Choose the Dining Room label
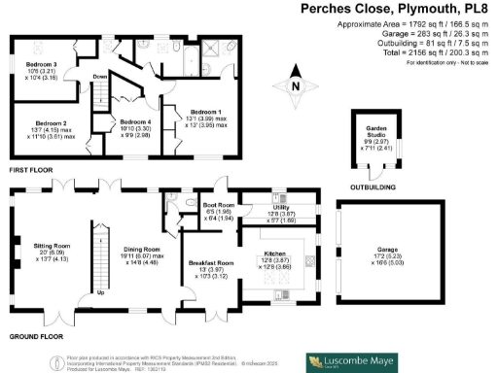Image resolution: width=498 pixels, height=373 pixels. click(142, 249)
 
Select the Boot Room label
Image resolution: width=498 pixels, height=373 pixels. click(219, 206)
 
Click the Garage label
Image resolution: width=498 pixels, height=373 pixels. click(373, 249)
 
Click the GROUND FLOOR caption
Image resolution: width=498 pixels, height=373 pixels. click(35, 336)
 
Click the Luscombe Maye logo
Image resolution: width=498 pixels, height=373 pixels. click(352, 361)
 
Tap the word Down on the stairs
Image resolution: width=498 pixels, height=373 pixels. click(100, 77)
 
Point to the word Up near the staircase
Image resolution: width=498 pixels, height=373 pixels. click(101, 291)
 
